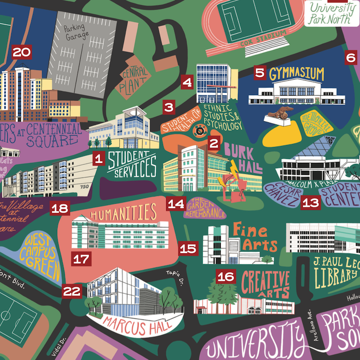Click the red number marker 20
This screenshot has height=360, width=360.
[22, 52]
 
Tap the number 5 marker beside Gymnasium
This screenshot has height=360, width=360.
[260, 73]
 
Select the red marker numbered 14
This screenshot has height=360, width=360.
[176, 204]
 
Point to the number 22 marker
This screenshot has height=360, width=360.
[71, 291]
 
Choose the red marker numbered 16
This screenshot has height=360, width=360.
[225, 277]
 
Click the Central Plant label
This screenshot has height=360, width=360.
[134, 81]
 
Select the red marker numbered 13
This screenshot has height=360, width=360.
[310, 202]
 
